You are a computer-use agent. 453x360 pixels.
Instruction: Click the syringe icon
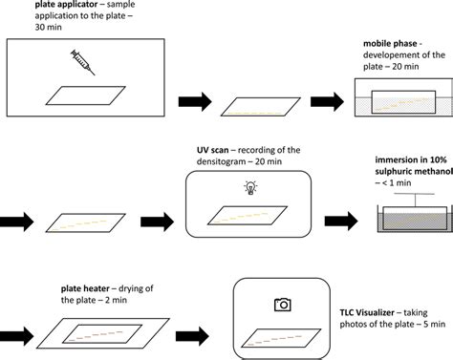83,61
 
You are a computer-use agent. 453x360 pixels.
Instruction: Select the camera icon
282,305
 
